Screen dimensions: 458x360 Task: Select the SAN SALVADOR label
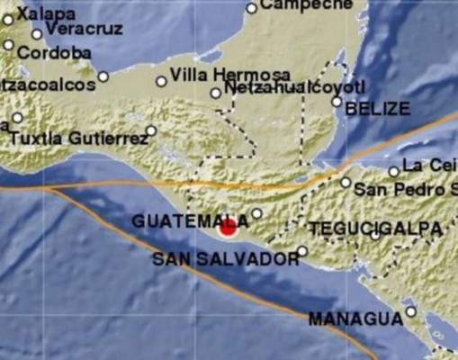(x=225, y=259)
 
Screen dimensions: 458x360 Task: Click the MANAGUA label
(x=355, y=319)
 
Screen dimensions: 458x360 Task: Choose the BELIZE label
(x=377, y=108)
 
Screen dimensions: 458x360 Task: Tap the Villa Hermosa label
(x=229, y=73)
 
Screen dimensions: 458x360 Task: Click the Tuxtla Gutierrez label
(x=79, y=139)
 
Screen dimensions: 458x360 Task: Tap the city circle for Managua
(x=410, y=312)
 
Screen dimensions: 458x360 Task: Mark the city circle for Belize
(x=337, y=103)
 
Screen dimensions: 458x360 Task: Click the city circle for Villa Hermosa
(x=161, y=81)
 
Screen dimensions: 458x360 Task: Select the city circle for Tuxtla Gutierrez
(x=151, y=130)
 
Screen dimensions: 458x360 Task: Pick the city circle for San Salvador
(x=303, y=252)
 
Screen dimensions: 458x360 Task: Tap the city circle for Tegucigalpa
(x=375, y=236)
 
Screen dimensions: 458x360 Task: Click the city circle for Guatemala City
(x=256, y=214)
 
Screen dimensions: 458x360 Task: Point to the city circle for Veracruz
(x=37, y=34)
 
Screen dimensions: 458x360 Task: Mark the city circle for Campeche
(x=252, y=8)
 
